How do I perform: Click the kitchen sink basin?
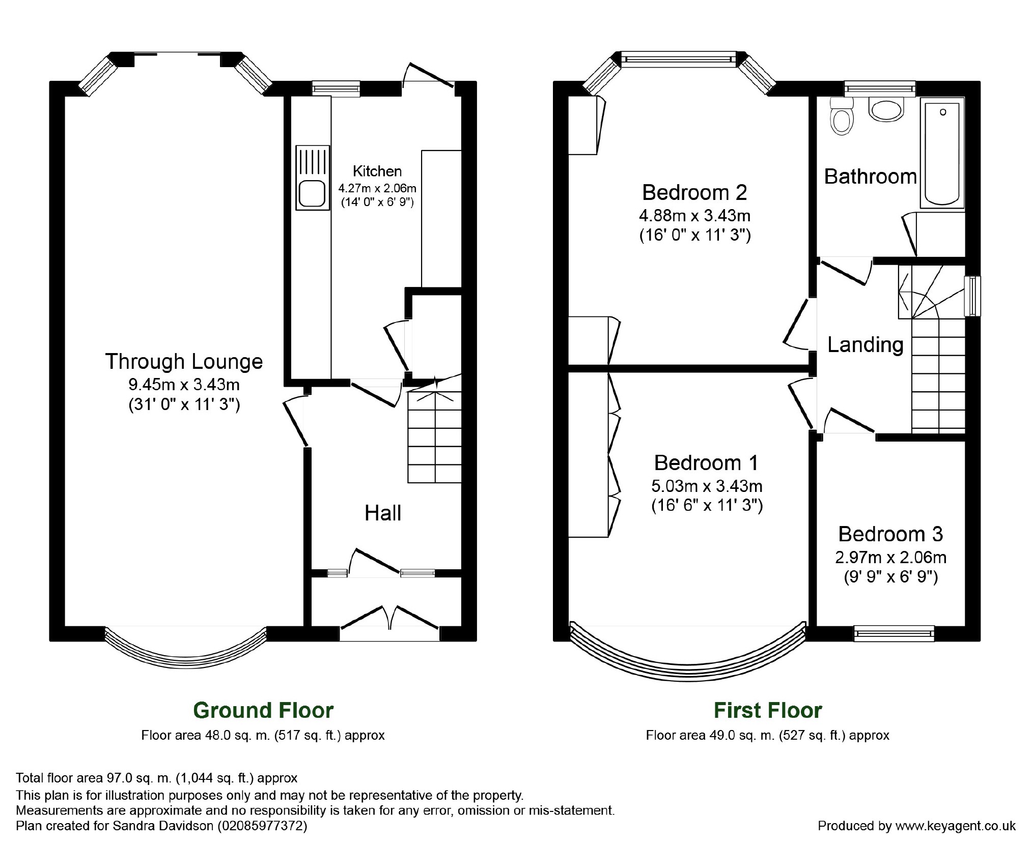point(312,193)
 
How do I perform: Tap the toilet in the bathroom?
point(841,116)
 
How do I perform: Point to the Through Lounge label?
point(184,361)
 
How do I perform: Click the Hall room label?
point(383,513)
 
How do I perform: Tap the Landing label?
point(865,345)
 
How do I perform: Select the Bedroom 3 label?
point(890,534)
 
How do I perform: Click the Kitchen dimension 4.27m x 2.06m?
point(377,188)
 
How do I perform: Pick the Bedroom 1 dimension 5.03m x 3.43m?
point(707,486)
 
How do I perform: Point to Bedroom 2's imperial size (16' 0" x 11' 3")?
point(695,236)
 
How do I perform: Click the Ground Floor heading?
point(263,710)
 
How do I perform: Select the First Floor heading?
point(768,710)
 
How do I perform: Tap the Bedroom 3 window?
point(894,633)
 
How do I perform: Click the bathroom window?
point(880,89)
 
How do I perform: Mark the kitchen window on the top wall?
point(336,89)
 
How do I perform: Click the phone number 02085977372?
point(262,825)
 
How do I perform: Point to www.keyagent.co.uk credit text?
point(956,826)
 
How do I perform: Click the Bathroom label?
point(871,177)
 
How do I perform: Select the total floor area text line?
point(157,778)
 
